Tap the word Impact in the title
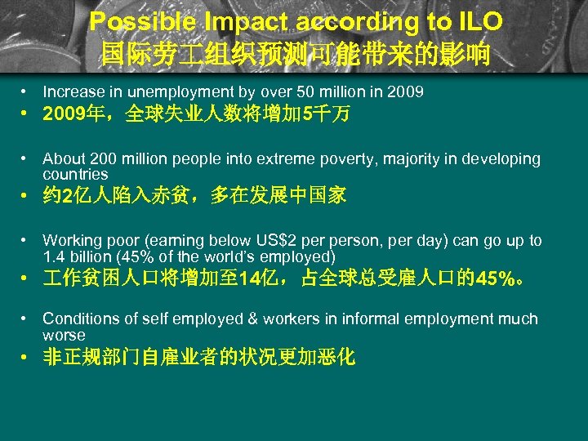[234, 21]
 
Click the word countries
[75, 174]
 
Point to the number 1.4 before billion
[53, 256]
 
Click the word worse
[64, 335]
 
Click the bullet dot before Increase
[27, 92]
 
